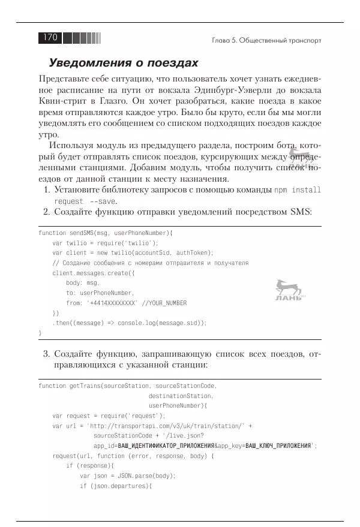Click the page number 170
(49, 38)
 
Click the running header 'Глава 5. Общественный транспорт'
(266, 40)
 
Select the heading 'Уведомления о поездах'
(123, 63)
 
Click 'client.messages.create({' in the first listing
(94, 273)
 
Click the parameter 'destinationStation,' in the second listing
(181, 396)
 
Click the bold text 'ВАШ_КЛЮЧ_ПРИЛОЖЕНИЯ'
(278, 446)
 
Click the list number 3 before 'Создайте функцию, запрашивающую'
(46, 354)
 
